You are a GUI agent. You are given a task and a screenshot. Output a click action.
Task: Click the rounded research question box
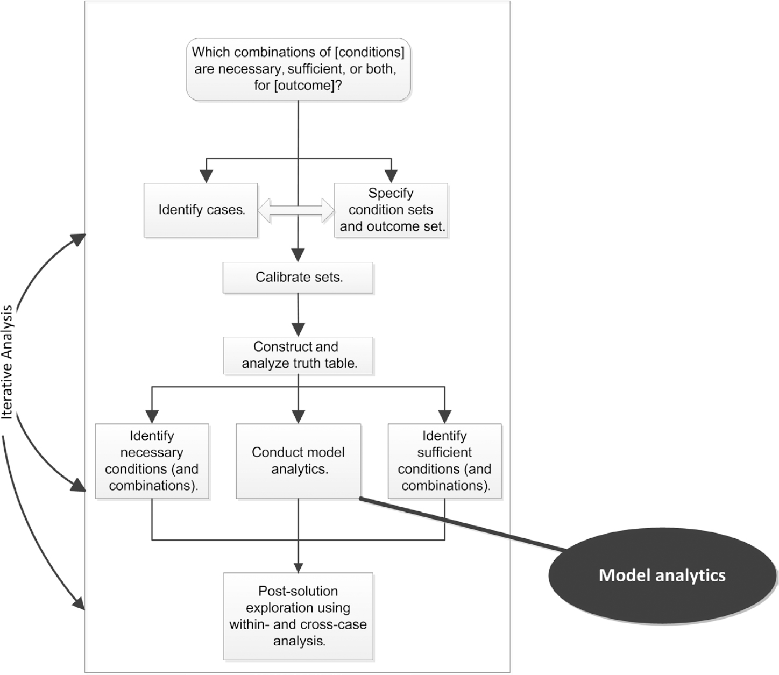(298, 69)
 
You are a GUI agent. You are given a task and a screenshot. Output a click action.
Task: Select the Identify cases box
(201, 210)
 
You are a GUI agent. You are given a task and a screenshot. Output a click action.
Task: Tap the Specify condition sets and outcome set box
(391, 210)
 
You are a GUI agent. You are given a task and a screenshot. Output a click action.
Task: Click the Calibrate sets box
(298, 278)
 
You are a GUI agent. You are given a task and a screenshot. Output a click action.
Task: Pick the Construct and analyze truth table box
(298, 355)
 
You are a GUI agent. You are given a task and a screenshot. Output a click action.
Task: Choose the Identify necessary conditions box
(152, 461)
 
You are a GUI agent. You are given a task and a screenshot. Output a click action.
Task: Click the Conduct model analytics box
(298, 461)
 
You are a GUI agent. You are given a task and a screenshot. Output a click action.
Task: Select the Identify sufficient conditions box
(444, 461)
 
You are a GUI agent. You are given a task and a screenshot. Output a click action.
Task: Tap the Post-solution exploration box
(298, 616)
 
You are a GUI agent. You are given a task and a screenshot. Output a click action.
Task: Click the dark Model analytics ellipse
(662, 575)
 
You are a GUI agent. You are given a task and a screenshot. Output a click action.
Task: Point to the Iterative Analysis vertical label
(7, 362)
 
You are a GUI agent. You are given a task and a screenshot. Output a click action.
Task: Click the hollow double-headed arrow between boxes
(296, 210)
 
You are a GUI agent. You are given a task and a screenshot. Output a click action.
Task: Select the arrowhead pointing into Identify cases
(207, 176)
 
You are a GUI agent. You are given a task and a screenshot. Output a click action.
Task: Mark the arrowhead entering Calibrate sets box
(298, 255)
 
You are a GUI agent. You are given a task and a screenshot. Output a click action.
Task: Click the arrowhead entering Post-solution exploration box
(298, 566)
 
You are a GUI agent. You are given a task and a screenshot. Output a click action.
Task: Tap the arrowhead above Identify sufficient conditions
(444, 416)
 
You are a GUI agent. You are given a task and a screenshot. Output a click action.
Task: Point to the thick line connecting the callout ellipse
(463, 524)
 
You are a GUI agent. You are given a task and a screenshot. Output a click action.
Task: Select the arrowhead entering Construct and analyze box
(298, 329)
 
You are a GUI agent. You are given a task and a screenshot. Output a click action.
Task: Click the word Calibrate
(283, 278)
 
